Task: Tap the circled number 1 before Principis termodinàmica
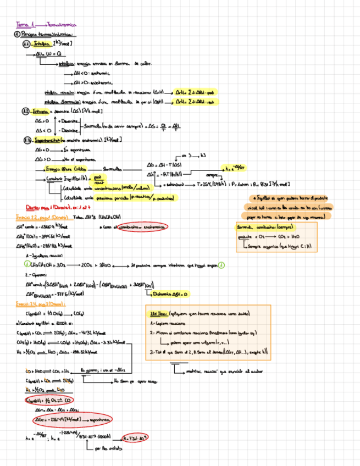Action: tap(17, 34)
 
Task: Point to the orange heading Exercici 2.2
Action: tap(27, 218)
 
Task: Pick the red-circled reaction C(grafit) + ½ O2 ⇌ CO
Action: tap(53, 401)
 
